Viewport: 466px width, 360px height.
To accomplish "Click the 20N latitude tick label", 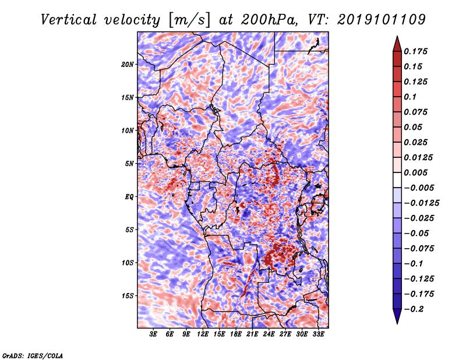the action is [x=127, y=65].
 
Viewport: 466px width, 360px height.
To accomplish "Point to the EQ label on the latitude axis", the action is [x=129, y=197].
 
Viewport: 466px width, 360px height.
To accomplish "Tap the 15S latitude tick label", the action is [x=127, y=296].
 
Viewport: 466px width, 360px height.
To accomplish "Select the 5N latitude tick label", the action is [x=129, y=164].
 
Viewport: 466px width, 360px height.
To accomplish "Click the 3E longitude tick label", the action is [x=153, y=334].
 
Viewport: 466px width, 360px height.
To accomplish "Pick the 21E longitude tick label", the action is [x=252, y=334].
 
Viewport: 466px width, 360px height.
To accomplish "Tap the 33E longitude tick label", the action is [x=318, y=334].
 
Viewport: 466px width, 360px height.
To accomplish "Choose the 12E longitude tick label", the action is [x=202, y=334].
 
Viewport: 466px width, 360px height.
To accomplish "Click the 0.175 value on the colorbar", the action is [x=415, y=51].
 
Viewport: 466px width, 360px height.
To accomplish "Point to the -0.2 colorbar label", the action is [x=414, y=309].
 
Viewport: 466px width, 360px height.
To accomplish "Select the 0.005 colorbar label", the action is [x=415, y=172].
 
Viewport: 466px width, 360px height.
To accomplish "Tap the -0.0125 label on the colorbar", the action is [x=421, y=203].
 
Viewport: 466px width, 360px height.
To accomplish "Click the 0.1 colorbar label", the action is [x=410, y=97].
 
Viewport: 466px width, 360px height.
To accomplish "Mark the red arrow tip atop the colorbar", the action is [x=397, y=36].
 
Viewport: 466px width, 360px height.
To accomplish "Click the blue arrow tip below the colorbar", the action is [x=397, y=323].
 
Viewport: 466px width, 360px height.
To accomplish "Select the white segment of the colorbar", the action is [x=397, y=180].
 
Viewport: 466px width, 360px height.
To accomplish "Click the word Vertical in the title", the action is [x=69, y=20].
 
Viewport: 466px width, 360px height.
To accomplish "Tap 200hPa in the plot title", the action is [x=269, y=20].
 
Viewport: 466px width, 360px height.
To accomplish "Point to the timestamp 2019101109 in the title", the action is [x=382, y=20].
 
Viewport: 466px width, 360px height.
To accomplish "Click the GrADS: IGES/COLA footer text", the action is [x=33, y=355].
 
